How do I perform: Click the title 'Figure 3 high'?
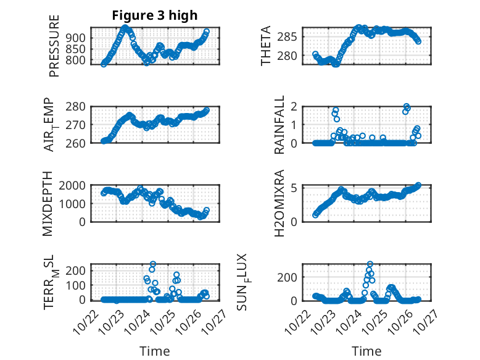tap(155, 15)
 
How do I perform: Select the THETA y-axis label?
tap(266, 46)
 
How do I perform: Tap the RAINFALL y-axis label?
tap(279, 125)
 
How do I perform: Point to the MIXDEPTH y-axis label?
tap(49, 204)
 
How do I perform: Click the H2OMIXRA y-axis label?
tap(279, 203)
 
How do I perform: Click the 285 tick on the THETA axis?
tap(292, 36)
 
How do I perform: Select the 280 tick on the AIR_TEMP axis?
tap(77, 106)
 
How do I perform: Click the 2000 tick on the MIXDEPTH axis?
tap(72, 185)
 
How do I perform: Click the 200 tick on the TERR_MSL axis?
tap(77, 270)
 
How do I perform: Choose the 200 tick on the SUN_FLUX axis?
tap(291, 277)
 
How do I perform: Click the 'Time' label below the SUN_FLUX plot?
tap(366, 351)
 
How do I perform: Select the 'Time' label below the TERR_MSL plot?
tap(155, 351)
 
